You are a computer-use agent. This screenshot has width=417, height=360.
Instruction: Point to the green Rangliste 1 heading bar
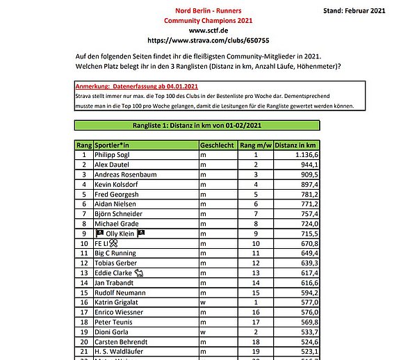[197, 125]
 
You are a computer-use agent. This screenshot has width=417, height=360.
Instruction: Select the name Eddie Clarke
[114, 274]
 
